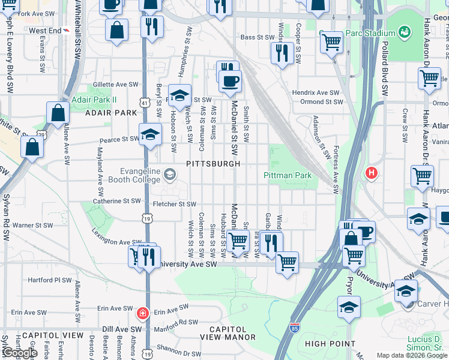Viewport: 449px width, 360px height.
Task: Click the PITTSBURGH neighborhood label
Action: coord(213,164)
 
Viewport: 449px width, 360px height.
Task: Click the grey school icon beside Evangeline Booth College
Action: coord(170,174)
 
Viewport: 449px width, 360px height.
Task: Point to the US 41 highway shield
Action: coord(144,103)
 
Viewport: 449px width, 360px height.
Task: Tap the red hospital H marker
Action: coord(372,174)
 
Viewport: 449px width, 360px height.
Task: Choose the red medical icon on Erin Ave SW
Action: coord(142,313)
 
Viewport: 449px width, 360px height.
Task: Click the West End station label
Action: coord(45,30)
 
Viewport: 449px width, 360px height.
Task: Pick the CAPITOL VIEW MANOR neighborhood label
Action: coord(228,334)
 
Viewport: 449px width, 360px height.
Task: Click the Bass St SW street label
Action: coord(256,37)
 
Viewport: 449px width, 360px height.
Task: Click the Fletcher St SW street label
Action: coord(175,204)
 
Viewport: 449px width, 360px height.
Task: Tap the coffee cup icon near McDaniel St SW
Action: coord(229,82)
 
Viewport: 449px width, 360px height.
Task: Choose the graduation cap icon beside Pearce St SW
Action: coord(150,135)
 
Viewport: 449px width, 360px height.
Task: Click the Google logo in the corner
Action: coord(19,353)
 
